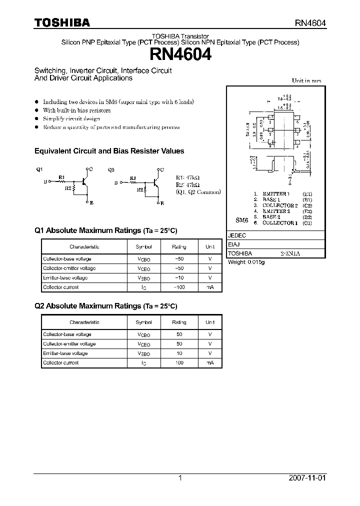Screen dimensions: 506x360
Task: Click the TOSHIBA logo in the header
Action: [62, 22]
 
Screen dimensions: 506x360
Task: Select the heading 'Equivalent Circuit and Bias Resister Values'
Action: [109, 151]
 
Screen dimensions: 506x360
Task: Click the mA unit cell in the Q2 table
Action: [209, 363]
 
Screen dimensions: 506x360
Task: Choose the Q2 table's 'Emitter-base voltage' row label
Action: [65, 353]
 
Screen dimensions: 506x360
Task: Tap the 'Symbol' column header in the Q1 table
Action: [143, 247]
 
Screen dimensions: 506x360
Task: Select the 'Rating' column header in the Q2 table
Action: [178, 322]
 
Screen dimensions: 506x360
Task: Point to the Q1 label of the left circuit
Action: [39, 170]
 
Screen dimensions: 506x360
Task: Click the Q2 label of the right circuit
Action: [111, 170]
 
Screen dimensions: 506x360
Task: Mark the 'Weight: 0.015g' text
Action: [246, 262]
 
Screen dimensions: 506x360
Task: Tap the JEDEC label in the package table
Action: [237, 235]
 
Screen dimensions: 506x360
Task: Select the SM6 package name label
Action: [241, 220]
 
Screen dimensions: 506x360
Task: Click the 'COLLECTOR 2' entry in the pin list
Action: [280, 205]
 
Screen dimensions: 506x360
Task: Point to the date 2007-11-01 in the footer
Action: [307, 478]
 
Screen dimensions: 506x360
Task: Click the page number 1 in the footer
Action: [180, 478]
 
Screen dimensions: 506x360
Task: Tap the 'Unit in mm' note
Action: [306, 80]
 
